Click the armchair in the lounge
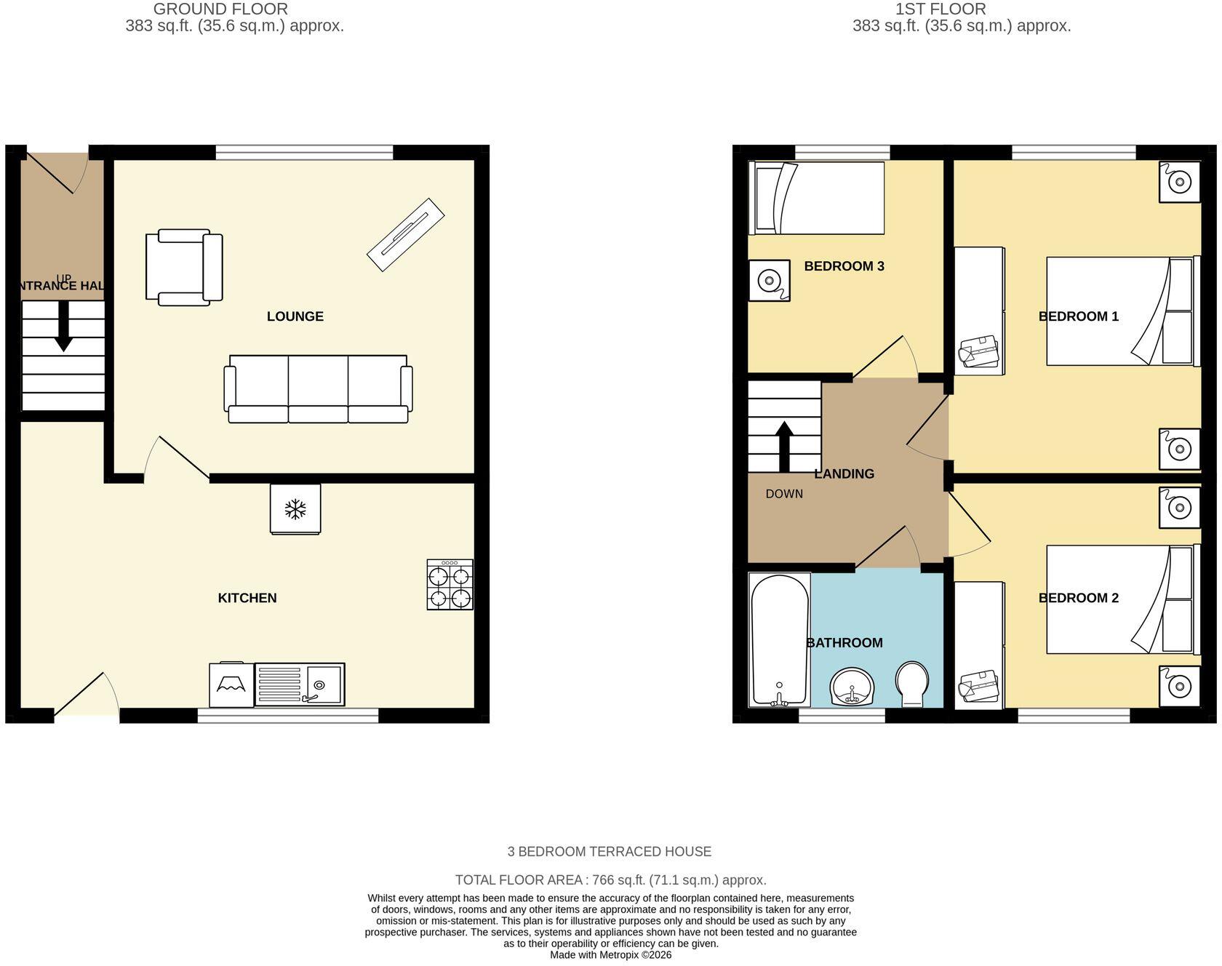(184, 267)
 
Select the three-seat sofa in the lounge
(318, 389)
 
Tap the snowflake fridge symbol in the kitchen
(295, 509)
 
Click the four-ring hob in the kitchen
(450, 584)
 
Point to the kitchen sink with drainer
(300, 684)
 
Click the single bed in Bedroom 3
(817, 198)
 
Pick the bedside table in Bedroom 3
(770, 280)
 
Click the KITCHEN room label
(247, 598)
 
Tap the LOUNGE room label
(295, 316)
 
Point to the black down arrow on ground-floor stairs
(63, 326)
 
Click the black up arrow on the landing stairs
(784, 447)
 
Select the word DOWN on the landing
(784, 494)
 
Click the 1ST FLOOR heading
(941, 9)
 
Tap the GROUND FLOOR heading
(220, 9)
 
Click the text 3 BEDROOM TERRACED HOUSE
(610, 851)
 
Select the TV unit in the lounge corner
(406, 235)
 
